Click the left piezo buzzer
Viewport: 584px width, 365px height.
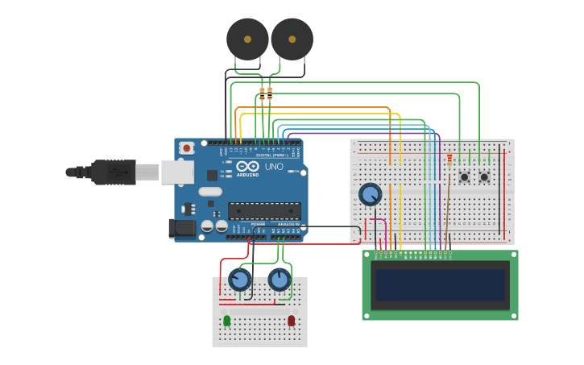(247, 39)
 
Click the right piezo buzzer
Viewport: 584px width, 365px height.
(292, 39)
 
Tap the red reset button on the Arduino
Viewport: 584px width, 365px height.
(187, 147)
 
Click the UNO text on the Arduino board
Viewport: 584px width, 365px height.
(274, 168)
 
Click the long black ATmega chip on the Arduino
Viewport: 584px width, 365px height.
(264, 211)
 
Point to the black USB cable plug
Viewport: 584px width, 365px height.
(113, 172)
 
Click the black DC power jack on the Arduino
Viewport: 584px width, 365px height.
(183, 229)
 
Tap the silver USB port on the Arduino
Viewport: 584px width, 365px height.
(178, 172)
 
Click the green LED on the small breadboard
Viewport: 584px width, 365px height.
(226, 321)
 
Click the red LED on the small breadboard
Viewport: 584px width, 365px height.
(291, 321)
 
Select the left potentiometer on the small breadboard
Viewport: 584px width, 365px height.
(239, 280)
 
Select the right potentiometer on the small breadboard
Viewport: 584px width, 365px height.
(279, 280)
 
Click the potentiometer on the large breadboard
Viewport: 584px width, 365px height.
(370, 194)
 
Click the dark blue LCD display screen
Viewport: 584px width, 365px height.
(440, 284)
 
